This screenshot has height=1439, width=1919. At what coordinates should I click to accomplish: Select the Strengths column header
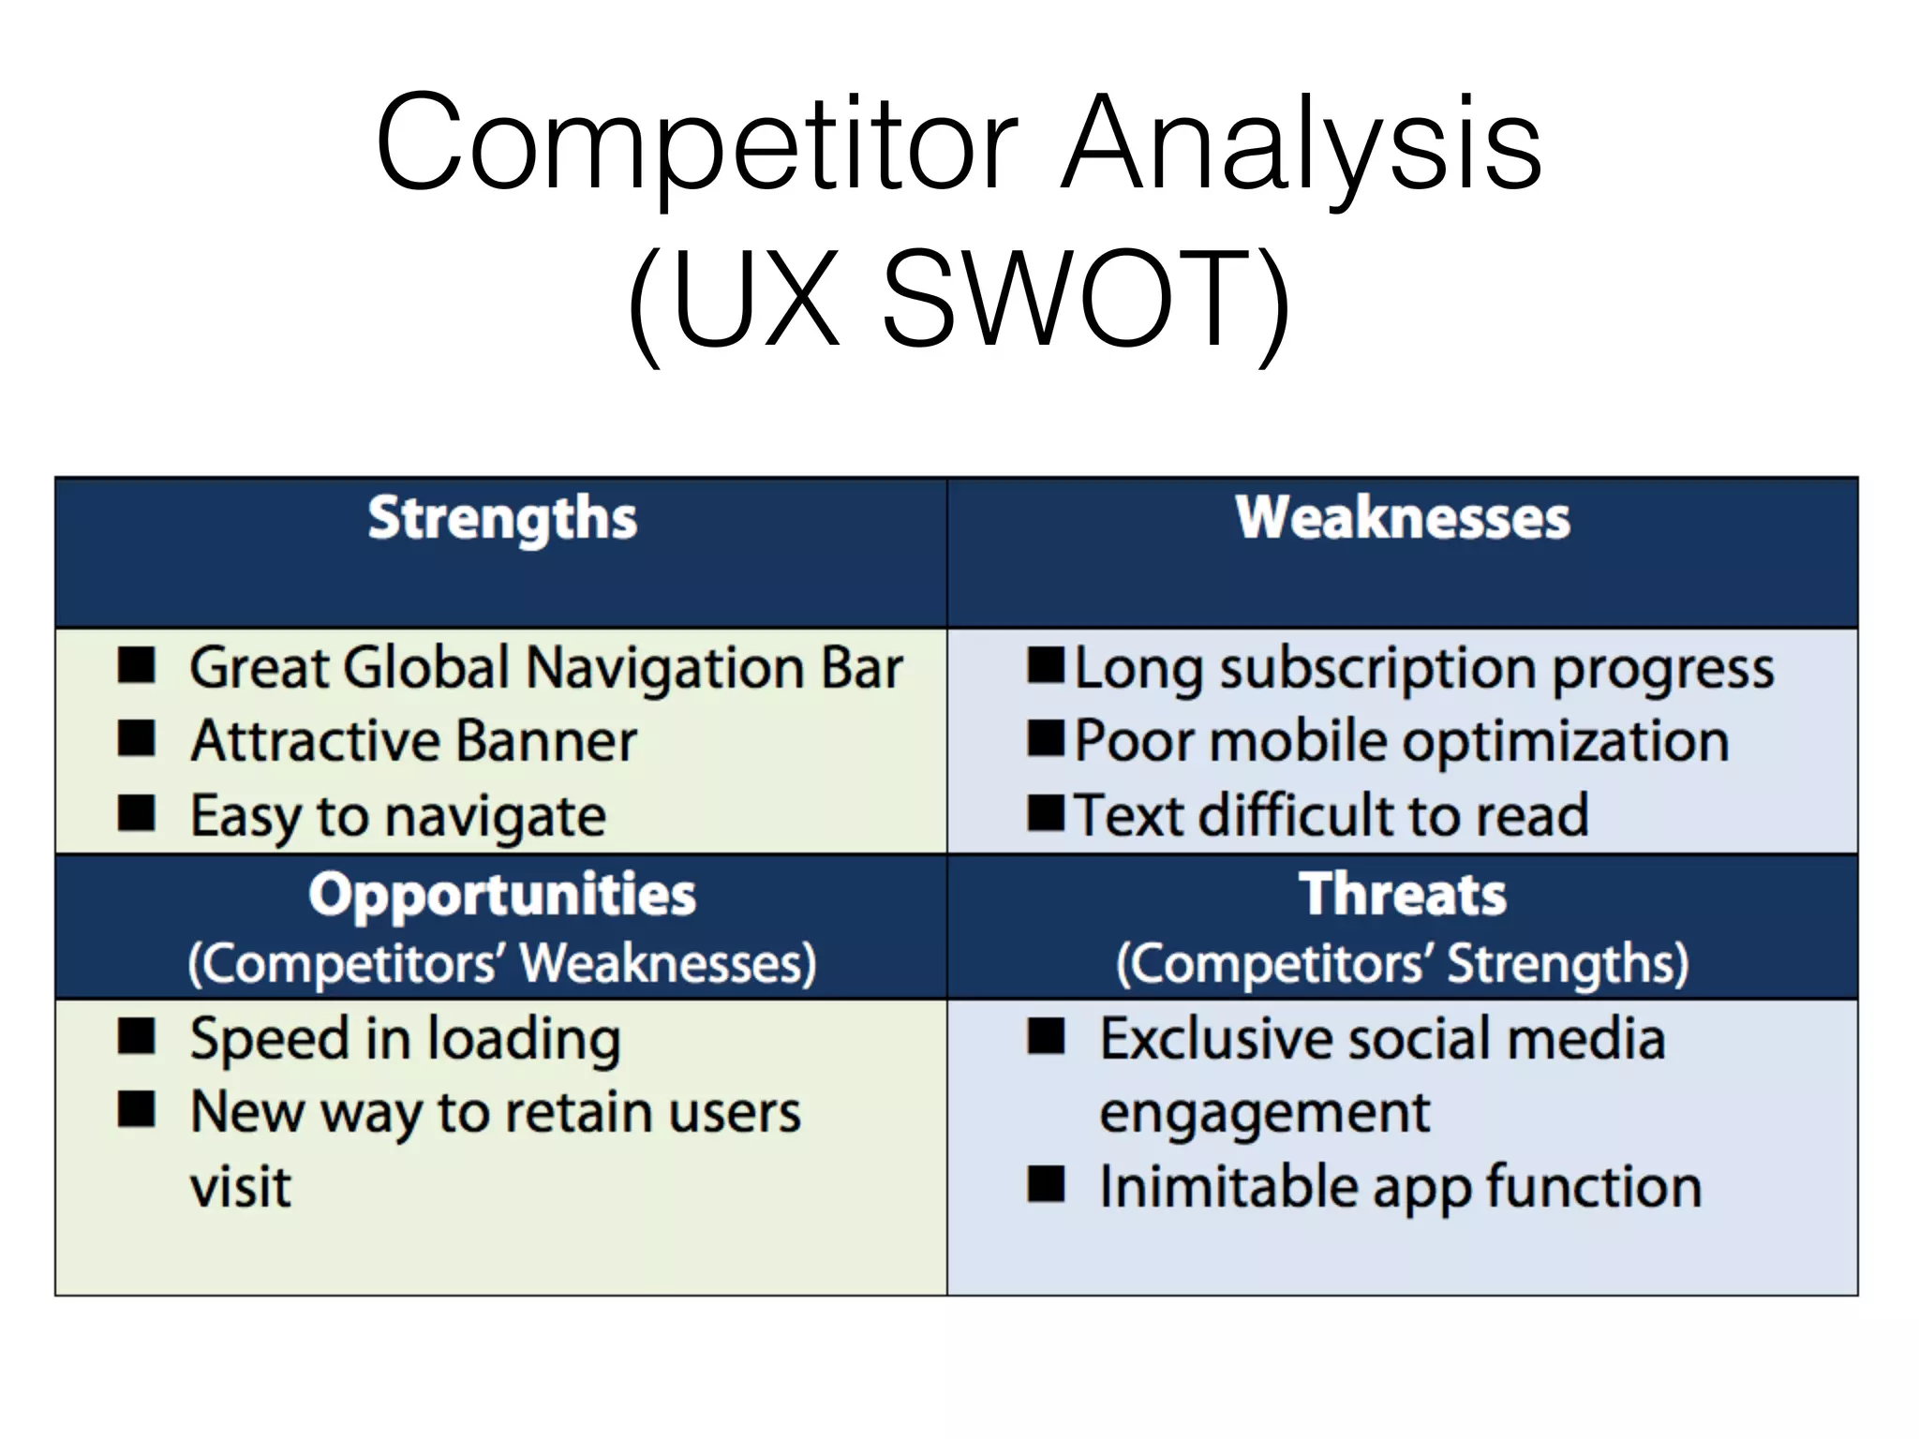502,518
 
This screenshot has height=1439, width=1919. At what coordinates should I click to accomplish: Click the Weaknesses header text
1402,518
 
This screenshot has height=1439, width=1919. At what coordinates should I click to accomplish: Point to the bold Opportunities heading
502,894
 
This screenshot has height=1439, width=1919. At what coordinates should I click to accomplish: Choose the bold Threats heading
1402,894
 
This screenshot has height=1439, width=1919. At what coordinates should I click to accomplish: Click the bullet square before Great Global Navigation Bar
137,666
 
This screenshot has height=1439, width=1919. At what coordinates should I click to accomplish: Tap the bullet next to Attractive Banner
137,739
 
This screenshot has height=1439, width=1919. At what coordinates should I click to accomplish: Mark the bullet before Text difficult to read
1045,813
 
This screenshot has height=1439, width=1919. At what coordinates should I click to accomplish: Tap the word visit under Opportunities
241,1187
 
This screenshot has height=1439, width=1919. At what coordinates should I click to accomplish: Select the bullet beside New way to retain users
137,1110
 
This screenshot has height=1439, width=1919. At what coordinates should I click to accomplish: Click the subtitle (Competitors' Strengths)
1402,963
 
